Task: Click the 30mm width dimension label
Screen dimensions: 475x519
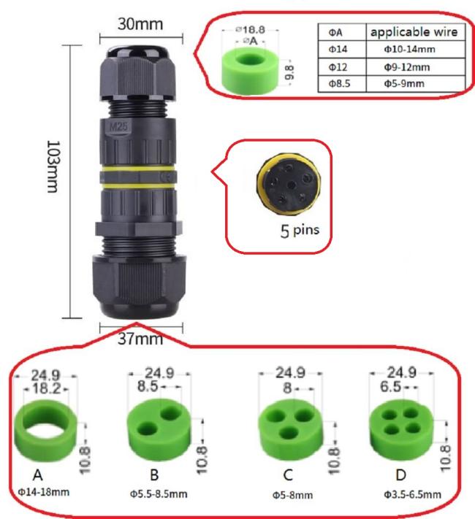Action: [140, 24]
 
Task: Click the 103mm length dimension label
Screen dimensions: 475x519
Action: [53, 167]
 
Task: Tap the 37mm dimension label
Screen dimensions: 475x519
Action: [140, 339]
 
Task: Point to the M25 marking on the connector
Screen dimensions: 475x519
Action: [118, 126]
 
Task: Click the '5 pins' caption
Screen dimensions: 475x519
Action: [300, 231]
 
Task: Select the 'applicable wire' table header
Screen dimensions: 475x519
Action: [414, 32]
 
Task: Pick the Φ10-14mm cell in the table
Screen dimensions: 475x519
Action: [409, 50]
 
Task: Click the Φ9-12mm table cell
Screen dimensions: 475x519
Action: [407, 67]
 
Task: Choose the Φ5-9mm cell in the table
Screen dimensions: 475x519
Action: [404, 83]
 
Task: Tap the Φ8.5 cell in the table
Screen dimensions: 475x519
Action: [339, 83]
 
